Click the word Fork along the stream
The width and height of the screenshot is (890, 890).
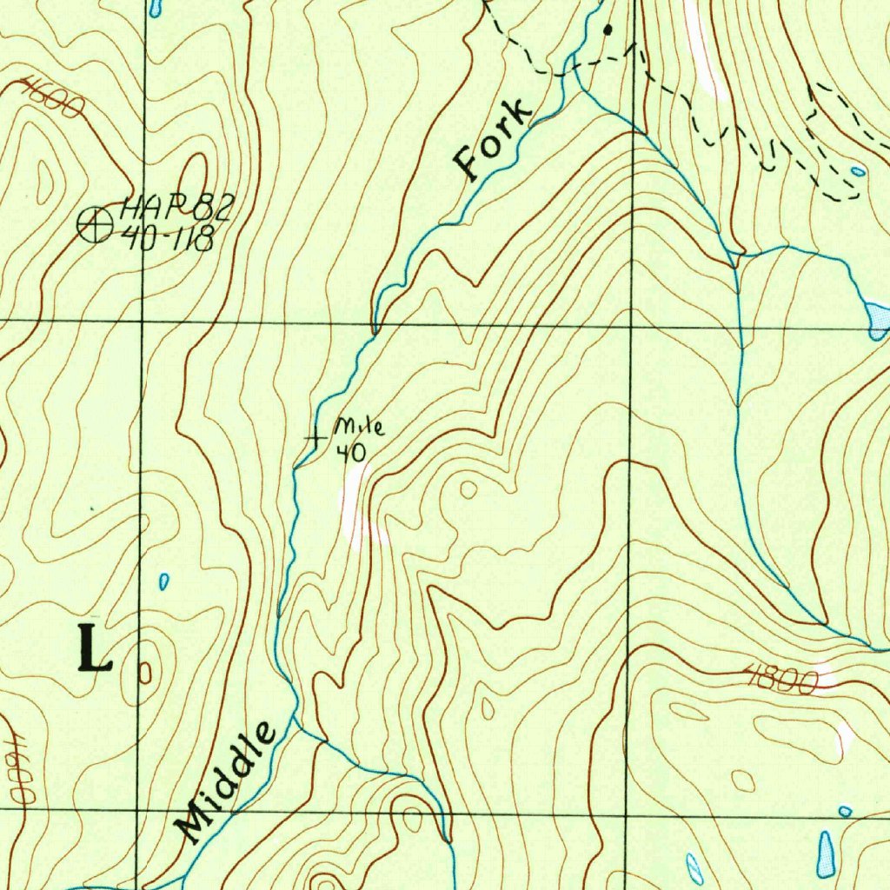point(492,140)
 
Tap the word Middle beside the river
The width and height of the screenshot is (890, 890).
point(229,781)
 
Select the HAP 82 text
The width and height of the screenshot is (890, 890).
point(177,208)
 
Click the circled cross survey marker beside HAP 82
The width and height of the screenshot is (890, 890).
point(94,225)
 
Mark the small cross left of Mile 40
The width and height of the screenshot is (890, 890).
point(314,439)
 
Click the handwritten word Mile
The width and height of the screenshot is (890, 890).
point(359,428)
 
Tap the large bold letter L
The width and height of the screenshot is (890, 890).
point(95,648)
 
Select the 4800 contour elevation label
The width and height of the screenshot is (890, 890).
point(780,680)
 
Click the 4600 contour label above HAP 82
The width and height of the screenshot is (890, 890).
point(53,97)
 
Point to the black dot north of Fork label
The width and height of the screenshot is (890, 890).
point(608,30)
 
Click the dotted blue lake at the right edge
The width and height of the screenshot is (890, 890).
point(878,318)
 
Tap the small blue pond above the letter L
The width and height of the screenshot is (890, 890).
point(164,581)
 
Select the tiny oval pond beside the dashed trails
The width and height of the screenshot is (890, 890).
point(858,171)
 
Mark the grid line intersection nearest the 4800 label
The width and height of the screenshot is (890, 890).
point(632,812)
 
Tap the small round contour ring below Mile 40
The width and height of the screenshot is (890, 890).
point(468,489)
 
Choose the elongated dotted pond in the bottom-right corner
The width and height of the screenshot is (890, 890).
point(825,853)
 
